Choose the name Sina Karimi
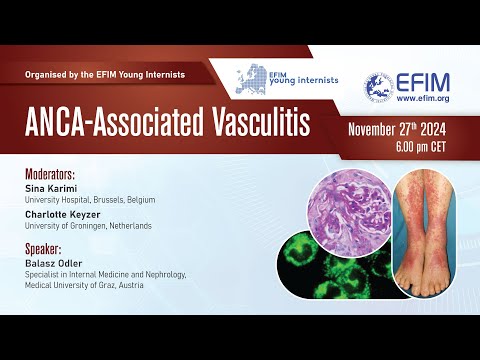(44, 187)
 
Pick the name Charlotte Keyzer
(57, 212)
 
